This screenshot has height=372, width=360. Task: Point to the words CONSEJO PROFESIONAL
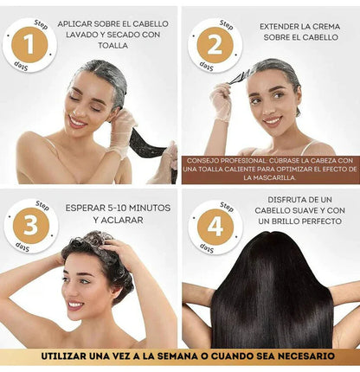click(x=223, y=160)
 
